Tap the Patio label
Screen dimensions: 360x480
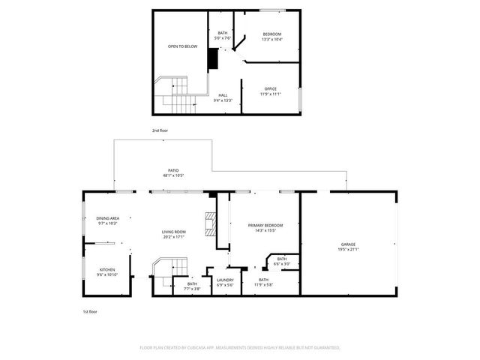173,172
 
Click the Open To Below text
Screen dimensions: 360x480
182,46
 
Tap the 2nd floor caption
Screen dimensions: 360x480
160,130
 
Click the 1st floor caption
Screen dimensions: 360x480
90,311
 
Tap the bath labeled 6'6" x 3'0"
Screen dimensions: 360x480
282,261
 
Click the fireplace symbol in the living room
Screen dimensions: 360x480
210,223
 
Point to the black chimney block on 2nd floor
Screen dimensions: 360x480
212,58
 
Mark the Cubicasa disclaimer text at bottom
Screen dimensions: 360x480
240,348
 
